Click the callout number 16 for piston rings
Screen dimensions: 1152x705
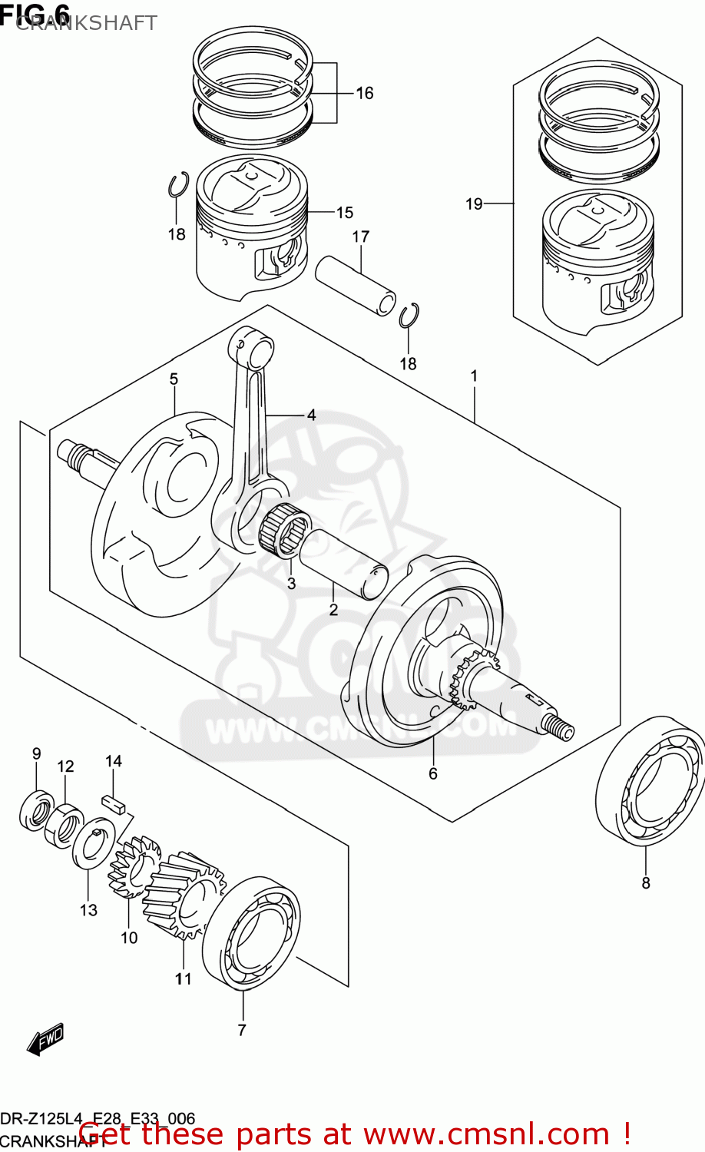point(364,93)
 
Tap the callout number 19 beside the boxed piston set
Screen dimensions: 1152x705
point(474,204)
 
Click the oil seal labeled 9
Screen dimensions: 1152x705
point(35,812)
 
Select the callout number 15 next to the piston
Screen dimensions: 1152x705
point(344,213)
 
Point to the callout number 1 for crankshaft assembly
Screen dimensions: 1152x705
point(474,376)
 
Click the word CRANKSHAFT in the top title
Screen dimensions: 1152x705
point(86,23)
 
